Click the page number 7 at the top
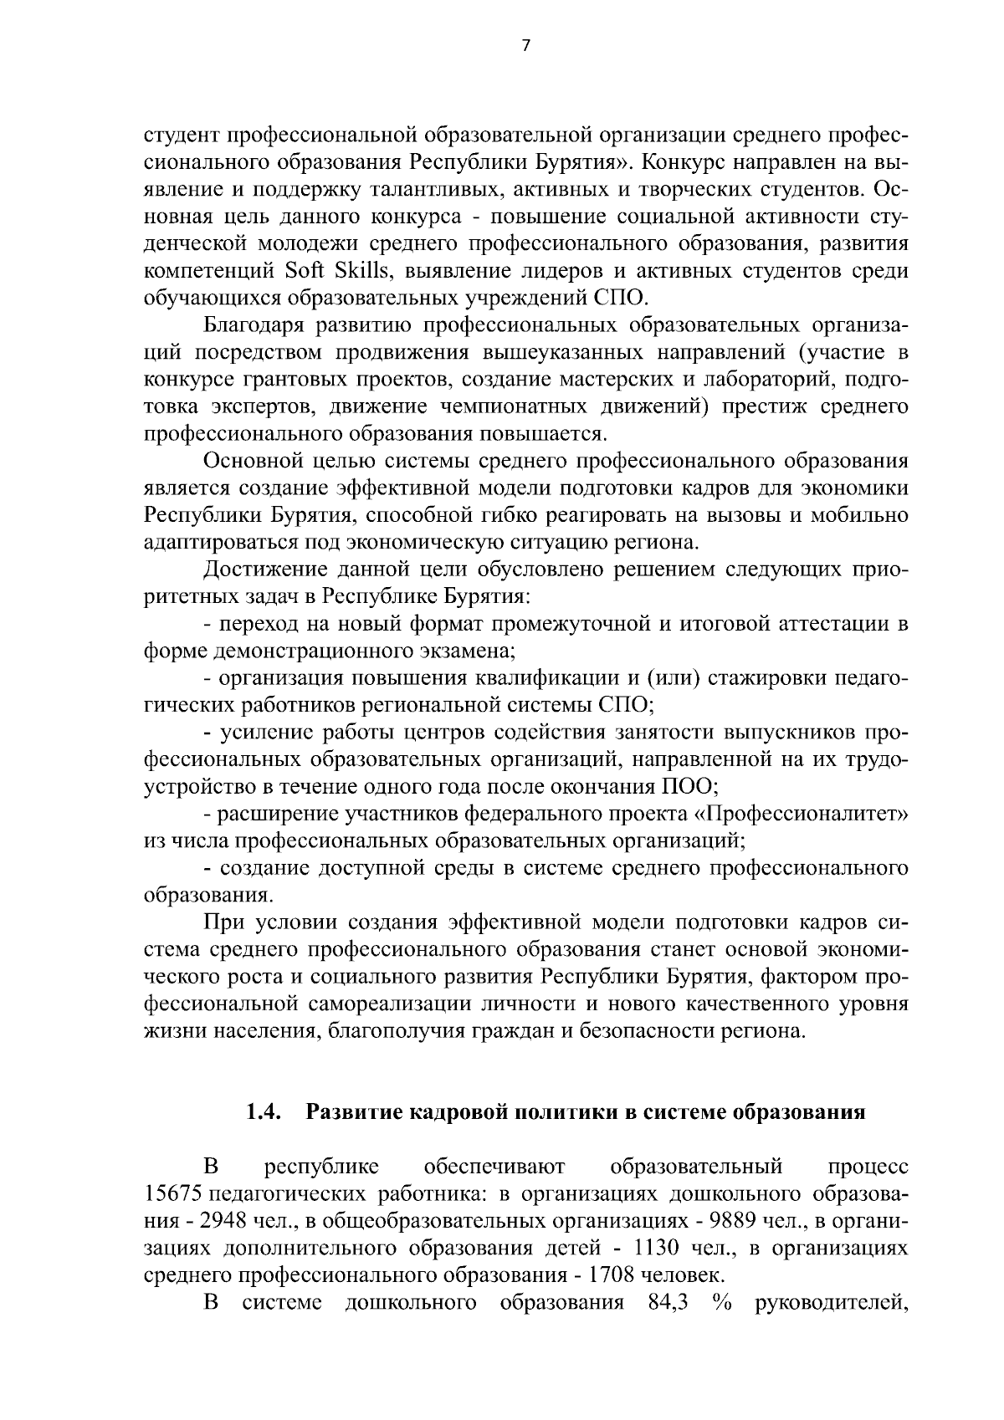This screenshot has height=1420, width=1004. [525, 47]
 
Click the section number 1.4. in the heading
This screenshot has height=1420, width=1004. [262, 1112]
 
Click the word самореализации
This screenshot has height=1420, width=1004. [405, 1004]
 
